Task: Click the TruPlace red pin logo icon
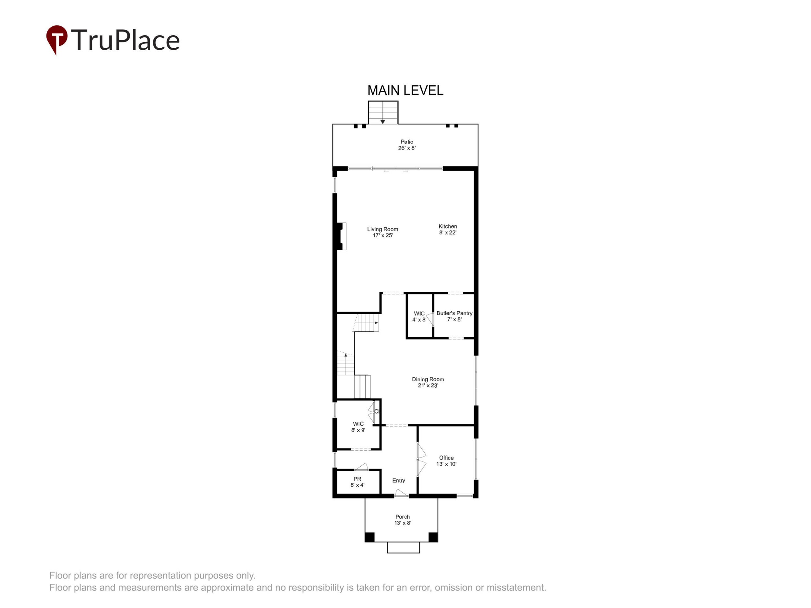56,39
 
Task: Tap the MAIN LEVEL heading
405,90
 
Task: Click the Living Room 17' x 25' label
382,232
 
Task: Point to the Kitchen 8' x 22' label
448,230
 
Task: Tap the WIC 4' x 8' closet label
419,316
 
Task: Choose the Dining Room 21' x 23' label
428,382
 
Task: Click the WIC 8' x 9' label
358,427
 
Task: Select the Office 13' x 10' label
446,461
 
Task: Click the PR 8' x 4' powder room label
357,482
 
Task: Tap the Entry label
399,480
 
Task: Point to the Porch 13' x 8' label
403,520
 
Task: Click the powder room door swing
362,467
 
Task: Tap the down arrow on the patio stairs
382,121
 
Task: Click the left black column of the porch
369,537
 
